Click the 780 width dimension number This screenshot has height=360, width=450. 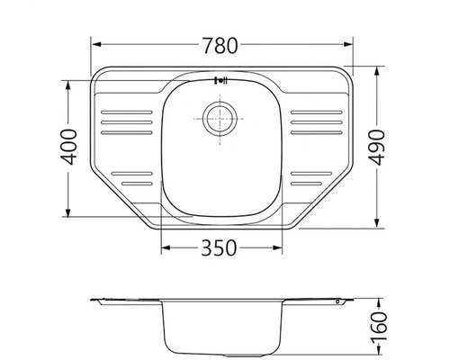pos(220,46)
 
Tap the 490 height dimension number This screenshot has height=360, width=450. pos(376,148)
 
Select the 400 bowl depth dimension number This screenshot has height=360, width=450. pos(68,147)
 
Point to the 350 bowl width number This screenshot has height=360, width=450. pos(219,248)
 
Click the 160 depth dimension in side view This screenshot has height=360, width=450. pos(379,327)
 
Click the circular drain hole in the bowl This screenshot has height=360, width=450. pos(220,119)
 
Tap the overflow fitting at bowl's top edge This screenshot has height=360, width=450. pos(221,80)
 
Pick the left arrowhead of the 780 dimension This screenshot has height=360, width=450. pos(96,44)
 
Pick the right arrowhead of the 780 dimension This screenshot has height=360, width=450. pos(348,44)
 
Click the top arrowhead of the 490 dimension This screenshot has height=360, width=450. pos(377,71)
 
